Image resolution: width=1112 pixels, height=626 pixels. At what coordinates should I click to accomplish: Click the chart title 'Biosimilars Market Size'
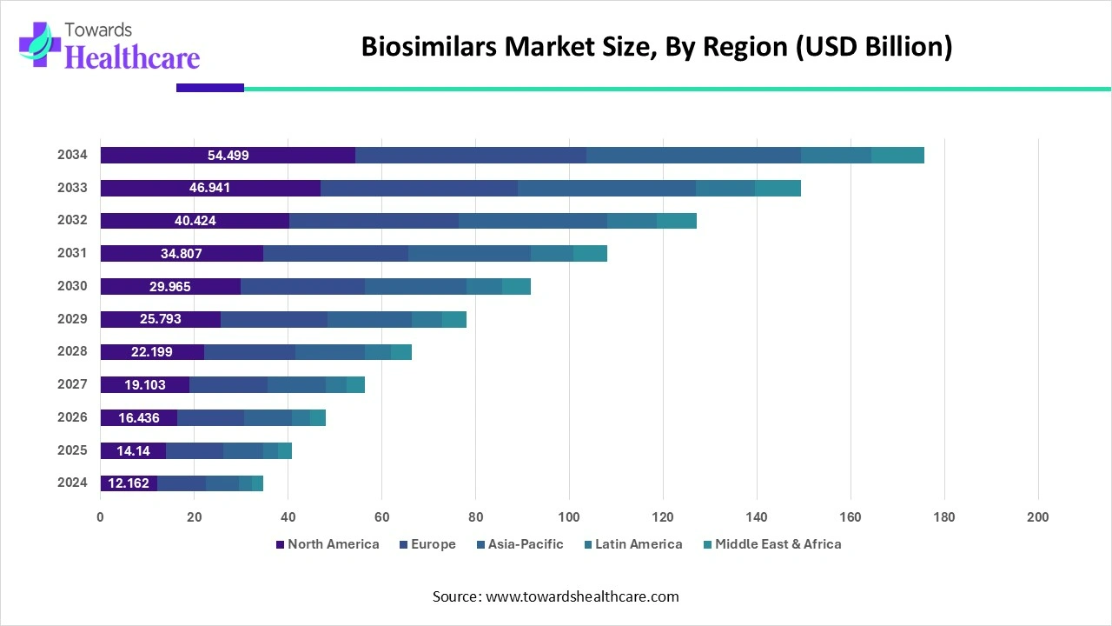coord(657,46)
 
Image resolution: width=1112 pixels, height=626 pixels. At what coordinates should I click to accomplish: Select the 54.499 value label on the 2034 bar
coord(228,156)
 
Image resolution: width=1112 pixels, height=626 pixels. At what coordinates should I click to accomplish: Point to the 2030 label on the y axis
coord(72,286)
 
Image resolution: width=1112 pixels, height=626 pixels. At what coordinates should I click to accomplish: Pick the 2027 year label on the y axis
coord(72,384)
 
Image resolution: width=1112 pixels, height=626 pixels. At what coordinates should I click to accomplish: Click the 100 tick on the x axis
coord(569,517)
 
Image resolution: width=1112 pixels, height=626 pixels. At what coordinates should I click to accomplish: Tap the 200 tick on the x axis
coord(1037,517)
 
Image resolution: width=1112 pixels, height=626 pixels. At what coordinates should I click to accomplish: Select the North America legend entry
coord(328,544)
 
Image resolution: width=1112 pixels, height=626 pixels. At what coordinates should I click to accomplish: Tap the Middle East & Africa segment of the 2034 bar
coord(897,156)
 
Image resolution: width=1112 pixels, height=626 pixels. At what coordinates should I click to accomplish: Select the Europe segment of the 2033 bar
coord(419,189)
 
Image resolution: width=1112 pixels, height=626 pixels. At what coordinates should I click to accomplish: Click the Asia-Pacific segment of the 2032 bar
coord(533,221)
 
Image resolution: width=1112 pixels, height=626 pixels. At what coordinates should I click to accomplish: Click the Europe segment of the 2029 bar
coord(274,319)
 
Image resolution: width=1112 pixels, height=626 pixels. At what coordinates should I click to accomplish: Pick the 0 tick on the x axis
coord(101,517)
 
